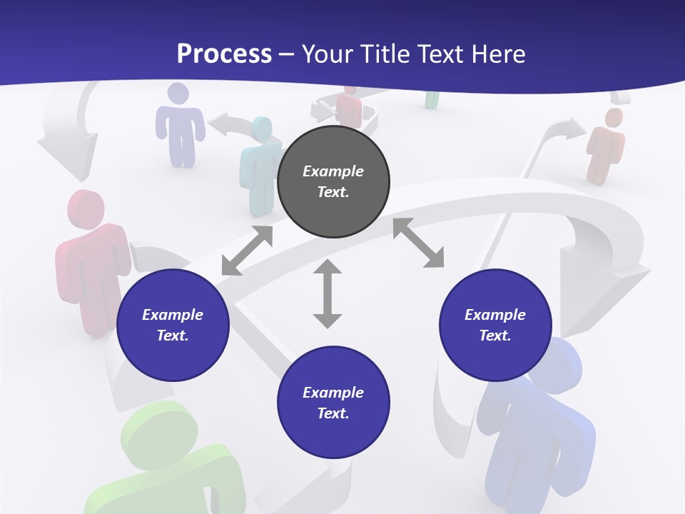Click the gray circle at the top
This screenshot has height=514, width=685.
[x=333, y=182]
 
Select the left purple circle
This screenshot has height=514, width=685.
[x=173, y=325]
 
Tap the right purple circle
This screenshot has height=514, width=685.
[x=495, y=325]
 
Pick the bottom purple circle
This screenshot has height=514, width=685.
[x=333, y=403]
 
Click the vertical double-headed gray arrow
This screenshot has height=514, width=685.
[x=328, y=293]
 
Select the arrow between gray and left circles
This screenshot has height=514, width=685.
[x=247, y=251]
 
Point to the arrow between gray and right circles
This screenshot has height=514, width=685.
[x=418, y=243]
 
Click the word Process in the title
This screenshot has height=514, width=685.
[x=224, y=54]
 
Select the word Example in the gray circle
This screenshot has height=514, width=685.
[x=333, y=171]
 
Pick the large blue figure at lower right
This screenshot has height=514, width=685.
[x=539, y=421]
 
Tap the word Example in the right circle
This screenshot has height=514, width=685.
[x=495, y=315]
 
